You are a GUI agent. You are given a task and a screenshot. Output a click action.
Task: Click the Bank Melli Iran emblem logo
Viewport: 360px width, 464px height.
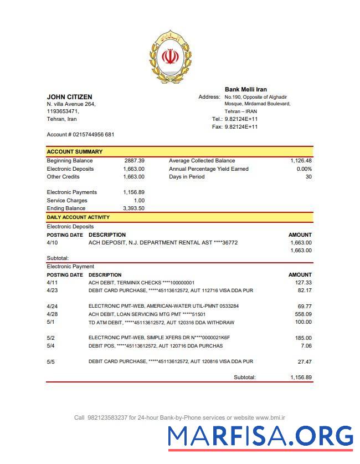(x=170, y=58)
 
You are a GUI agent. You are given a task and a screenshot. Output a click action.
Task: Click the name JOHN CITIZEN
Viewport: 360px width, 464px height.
(x=69, y=97)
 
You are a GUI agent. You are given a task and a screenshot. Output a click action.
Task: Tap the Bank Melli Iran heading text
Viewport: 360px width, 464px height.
(x=245, y=89)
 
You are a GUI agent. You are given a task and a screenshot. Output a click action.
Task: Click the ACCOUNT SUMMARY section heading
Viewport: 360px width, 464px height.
(x=74, y=151)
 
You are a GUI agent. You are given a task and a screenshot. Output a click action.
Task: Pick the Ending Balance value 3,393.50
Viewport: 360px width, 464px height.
(x=133, y=208)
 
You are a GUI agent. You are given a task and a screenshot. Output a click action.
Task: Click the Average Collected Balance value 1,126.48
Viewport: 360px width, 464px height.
(x=301, y=161)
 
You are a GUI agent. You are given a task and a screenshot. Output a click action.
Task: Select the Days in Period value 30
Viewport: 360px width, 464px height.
(x=308, y=177)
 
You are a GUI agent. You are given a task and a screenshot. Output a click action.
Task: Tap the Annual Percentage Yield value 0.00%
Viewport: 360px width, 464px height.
(x=304, y=169)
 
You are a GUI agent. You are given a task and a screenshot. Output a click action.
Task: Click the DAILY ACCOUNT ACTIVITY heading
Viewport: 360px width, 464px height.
(x=78, y=217)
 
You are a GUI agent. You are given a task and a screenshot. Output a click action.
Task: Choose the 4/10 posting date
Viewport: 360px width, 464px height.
(x=52, y=243)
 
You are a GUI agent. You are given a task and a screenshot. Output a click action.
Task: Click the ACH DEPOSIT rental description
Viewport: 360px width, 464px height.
(x=163, y=243)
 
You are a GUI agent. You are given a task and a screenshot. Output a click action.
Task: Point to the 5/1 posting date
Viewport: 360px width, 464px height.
(x=51, y=323)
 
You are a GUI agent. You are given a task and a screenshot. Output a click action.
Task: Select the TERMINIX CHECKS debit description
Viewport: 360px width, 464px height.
(x=141, y=283)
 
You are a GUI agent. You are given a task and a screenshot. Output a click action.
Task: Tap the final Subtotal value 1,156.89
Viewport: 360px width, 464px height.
(x=301, y=378)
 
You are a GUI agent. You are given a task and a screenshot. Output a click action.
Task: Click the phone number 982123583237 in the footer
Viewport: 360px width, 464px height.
(x=107, y=417)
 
